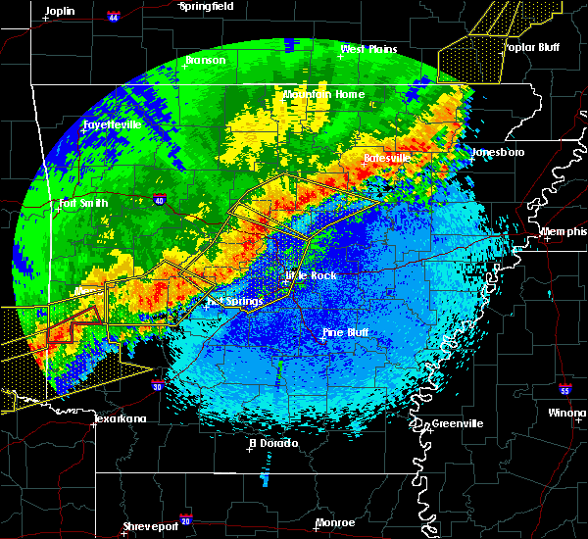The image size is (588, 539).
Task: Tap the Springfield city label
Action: [x=207, y=6]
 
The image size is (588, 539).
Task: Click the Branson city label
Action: [x=205, y=60]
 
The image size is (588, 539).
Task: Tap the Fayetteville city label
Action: [x=111, y=124]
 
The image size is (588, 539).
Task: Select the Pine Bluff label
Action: [x=345, y=333]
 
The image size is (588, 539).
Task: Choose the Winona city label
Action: [x=567, y=413]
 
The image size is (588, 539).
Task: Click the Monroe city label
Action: [x=336, y=522]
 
